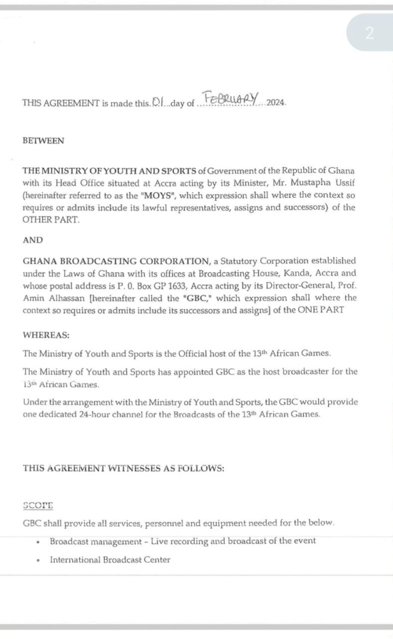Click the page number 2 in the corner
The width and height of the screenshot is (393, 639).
(369, 33)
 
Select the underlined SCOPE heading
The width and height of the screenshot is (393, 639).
(38, 505)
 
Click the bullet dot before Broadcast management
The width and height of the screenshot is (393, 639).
(39, 542)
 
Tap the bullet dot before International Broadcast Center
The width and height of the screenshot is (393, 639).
(39, 560)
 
